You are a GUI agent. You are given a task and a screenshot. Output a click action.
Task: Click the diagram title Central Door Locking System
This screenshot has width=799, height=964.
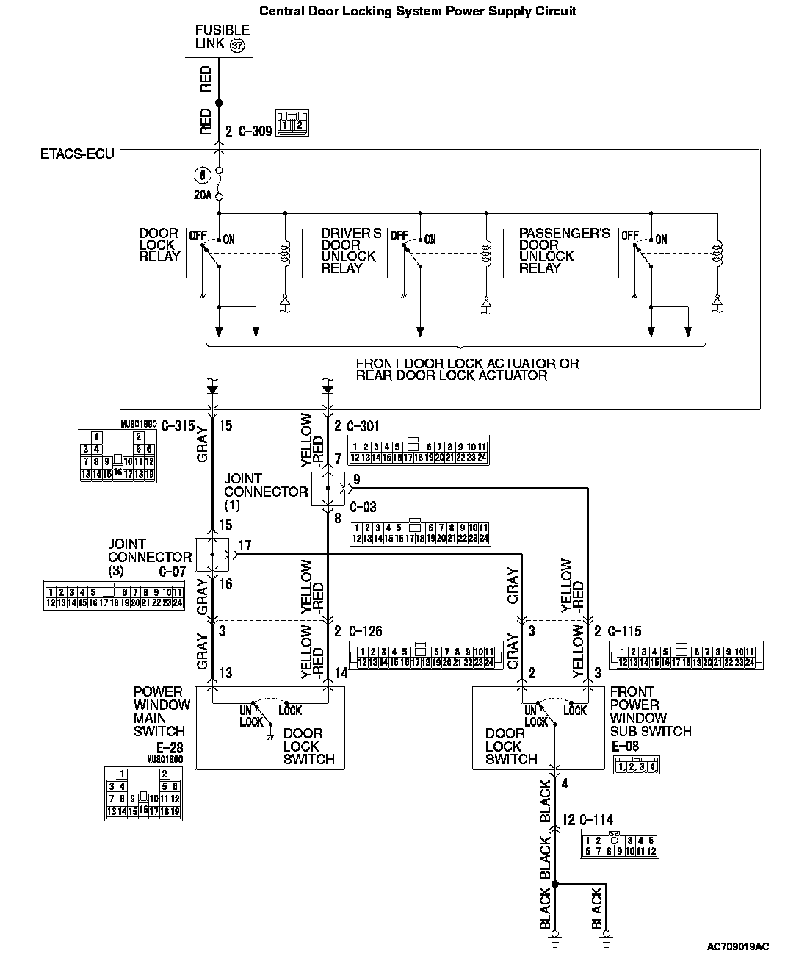pyautogui.click(x=418, y=11)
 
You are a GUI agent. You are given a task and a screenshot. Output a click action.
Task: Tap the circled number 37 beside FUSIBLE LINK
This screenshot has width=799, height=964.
pyautogui.click(x=236, y=46)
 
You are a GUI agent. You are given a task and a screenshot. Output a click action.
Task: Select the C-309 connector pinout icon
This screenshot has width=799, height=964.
pyautogui.click(x=292, y=123)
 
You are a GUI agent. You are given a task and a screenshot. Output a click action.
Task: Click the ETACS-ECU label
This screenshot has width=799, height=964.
pyautogui.click(x=77, y=155)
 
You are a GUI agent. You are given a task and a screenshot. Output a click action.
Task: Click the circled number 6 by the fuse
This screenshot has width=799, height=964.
pyautogui.click(x=201, y=175)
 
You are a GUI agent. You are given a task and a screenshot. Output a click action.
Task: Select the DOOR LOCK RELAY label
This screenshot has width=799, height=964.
pyautogui.click(x=159, y=245)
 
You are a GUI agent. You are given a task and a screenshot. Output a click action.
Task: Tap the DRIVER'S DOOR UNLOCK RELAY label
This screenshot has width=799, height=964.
pyautogui.click(x=350, y=251)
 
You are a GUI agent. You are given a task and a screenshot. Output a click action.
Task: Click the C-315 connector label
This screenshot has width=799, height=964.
pyautogui.click(x=177, y=425)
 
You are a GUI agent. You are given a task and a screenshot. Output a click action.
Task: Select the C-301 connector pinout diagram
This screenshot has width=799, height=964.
pyautogui.click(x=418, y=452)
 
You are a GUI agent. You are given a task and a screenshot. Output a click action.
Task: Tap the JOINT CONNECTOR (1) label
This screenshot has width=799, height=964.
pyautogui.click(x=265, y=492)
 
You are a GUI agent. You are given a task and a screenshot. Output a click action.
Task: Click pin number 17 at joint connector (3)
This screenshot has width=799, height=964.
pyautogui.click(x=245, y=545)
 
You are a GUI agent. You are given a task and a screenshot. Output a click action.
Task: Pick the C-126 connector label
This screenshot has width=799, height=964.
pyautogui.click(x=365, y=631)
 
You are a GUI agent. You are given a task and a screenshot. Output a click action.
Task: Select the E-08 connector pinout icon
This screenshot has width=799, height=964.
pyautogui.click(x=636, y=766)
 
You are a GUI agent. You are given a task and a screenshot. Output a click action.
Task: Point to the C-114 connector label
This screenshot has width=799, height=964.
pyautogui.click(x=596, y=820)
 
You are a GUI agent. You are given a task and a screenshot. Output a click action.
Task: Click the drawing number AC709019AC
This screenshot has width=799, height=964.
pyautogui.click(x=738, y=948)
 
